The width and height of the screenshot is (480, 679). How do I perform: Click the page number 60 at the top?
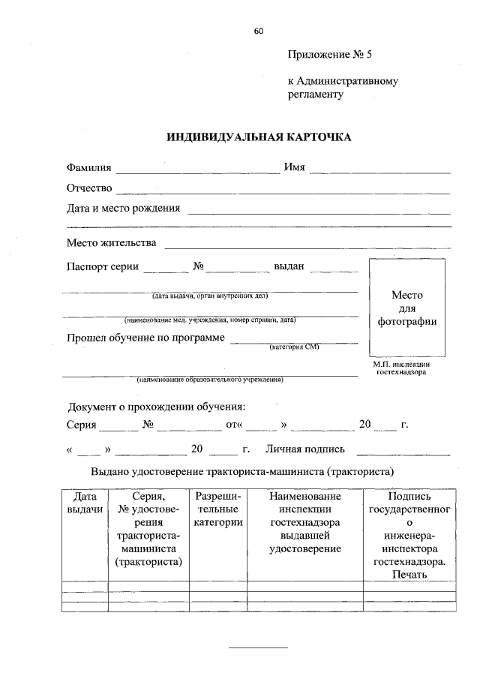click(x=259, y=31)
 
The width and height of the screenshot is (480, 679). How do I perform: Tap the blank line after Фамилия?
click(x=197, y=173)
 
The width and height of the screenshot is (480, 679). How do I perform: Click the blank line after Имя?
click(x=379, y=173)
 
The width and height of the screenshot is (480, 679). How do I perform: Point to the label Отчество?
click(x=89, y=188)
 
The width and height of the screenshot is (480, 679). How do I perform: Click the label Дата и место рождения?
click(x=124, y=208)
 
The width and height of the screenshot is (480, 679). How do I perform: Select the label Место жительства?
click(x=111, y=243)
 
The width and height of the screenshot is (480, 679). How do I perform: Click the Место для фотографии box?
click(x=407, y=308)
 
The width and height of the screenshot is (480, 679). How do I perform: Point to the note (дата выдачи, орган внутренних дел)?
click(x=209, y=296)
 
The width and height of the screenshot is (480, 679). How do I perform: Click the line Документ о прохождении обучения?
click(x=157, y=407)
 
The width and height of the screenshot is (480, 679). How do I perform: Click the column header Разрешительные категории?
click(x=217, y=509)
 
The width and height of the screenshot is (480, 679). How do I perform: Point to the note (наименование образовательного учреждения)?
click(x=209, y=380)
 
